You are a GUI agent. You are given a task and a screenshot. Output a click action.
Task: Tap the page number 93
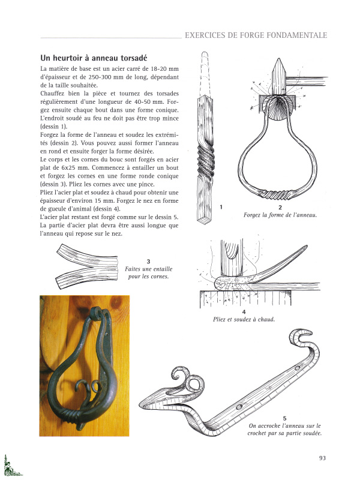[x=322, y=458]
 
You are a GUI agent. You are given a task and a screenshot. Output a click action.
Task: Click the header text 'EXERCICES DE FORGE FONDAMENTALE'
[x=256, y=35]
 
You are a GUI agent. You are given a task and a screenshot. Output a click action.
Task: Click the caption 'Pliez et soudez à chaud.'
[x=244, y=320]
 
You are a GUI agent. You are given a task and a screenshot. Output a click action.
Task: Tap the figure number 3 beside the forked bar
[x=148, y=261]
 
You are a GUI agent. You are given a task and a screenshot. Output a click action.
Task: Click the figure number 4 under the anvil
[x=244, y=312]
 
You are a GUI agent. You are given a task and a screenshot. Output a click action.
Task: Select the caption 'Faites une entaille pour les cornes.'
[x=148, y=273]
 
